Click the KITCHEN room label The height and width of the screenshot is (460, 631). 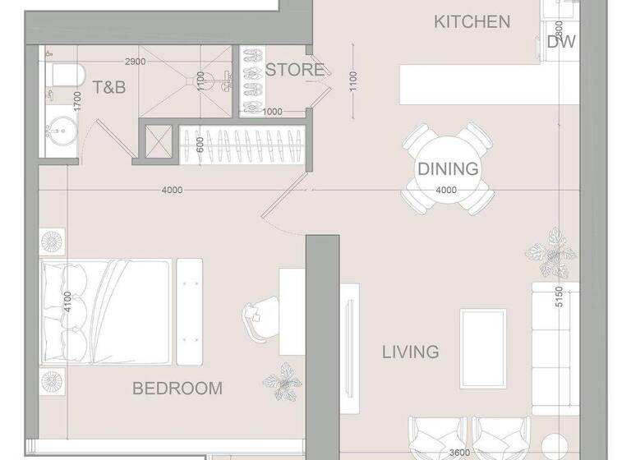[x=472, y=22]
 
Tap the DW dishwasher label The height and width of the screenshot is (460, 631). [x=561, y=43]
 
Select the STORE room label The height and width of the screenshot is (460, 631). [x=294, y=70]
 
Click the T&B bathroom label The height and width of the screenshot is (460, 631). [x=108, y=86]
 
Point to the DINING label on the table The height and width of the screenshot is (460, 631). [x=448, y=169]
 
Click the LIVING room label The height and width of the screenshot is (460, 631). [x=410, y=352]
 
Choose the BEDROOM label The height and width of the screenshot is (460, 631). [x=177, y=389]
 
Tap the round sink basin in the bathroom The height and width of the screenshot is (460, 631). [x=58, y=130]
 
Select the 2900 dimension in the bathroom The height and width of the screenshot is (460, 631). [x=136, y=62]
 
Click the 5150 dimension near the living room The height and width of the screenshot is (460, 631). [x=559, y=297]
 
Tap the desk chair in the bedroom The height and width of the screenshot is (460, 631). [x=257, y=319]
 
